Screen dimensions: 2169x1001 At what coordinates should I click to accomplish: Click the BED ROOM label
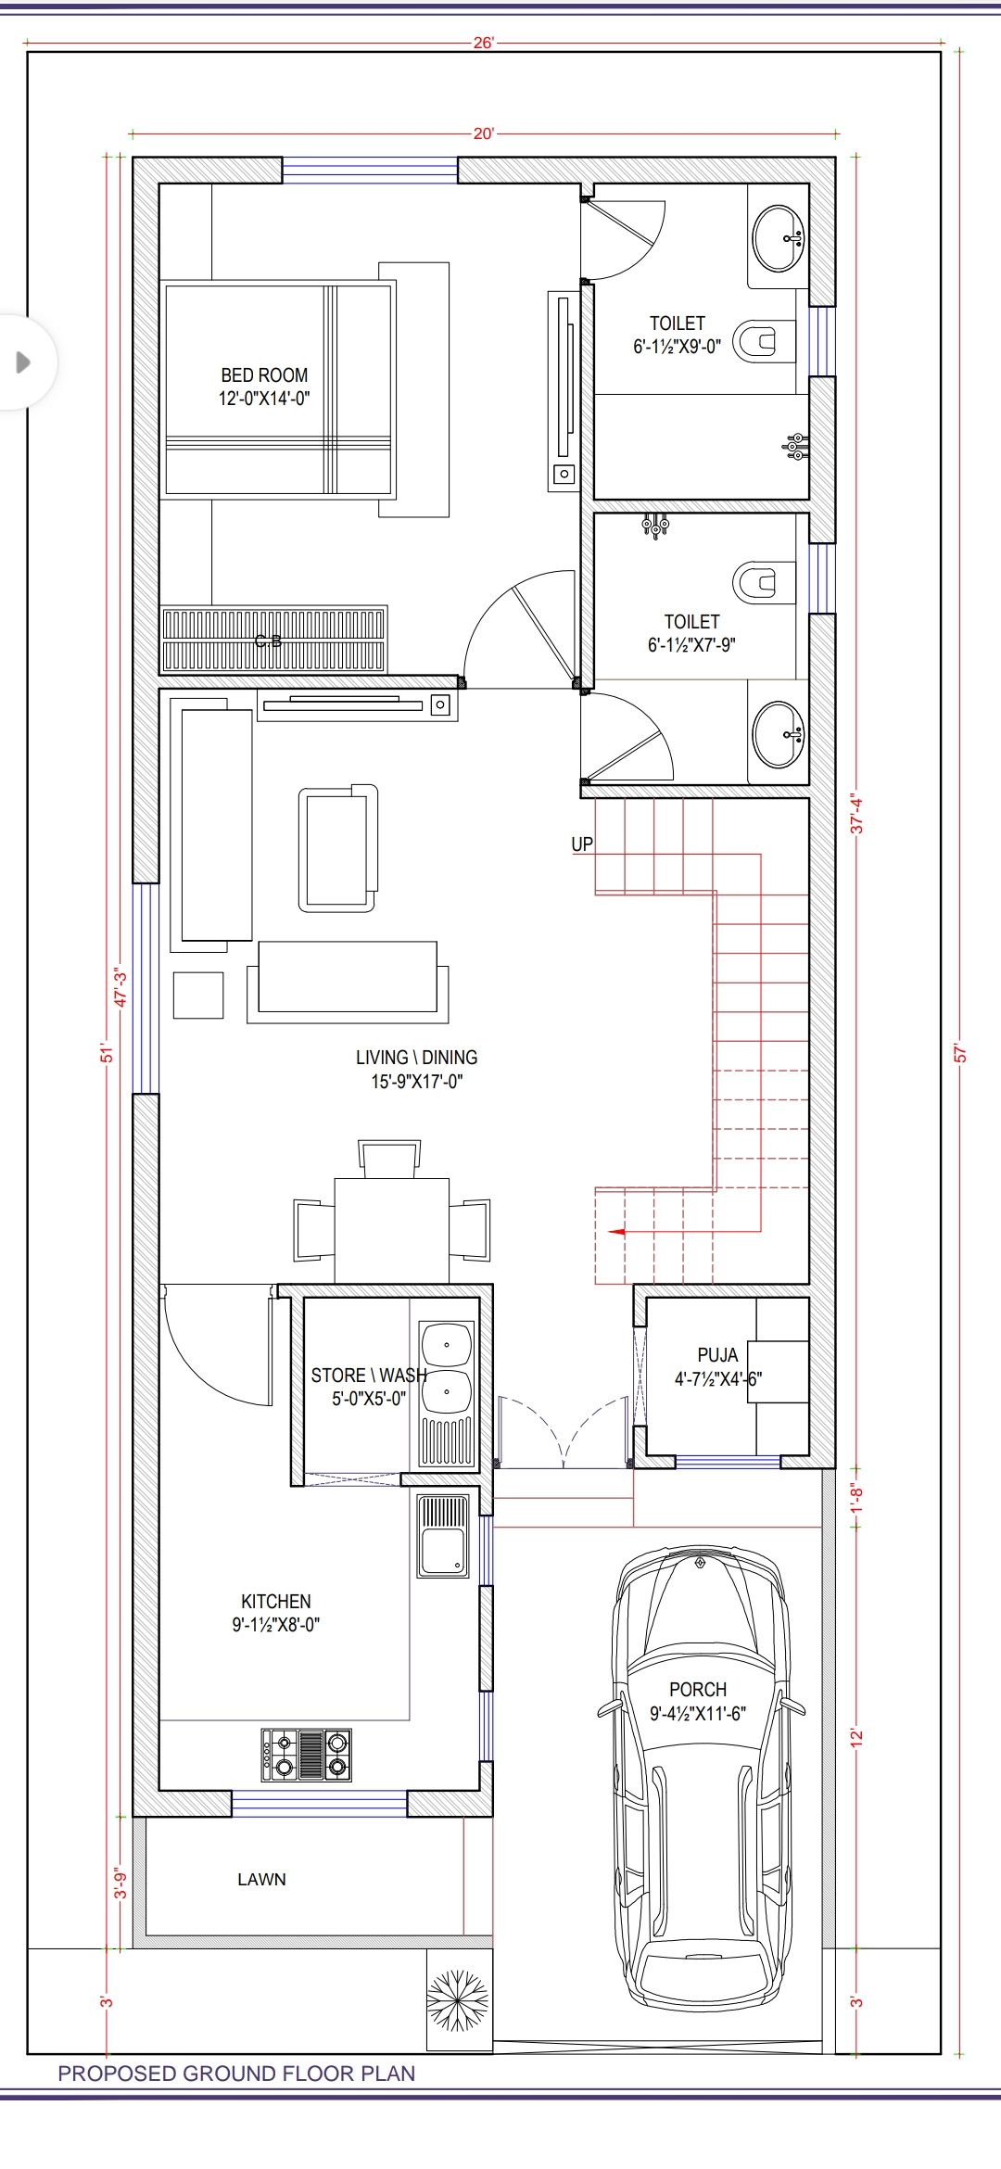264,375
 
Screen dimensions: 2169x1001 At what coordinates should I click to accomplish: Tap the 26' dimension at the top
484,43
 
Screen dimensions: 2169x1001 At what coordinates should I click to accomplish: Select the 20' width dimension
484,133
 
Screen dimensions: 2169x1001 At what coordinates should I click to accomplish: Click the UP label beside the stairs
582,844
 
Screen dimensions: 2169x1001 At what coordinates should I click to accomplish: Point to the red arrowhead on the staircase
616,1232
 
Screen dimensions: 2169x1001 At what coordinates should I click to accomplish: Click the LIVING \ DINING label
416,1058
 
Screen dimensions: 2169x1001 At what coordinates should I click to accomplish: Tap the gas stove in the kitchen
307,1755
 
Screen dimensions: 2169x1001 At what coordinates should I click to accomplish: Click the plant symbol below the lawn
458,2001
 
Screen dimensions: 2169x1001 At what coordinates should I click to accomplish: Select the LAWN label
261,1880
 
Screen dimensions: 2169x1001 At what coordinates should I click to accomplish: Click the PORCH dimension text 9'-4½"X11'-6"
698,1714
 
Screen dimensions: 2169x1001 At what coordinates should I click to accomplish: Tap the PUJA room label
717,1355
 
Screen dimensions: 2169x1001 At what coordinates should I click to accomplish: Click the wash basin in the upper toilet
778,238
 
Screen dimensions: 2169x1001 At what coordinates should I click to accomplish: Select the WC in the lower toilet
761,582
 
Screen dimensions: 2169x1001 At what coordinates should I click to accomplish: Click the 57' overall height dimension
960,1054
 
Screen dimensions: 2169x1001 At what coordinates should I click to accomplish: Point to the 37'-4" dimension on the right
856,814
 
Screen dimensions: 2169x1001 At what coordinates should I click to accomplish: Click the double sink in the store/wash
447,1368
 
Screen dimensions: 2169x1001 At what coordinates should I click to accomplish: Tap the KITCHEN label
276,1602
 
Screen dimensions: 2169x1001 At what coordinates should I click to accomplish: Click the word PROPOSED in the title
118,2074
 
